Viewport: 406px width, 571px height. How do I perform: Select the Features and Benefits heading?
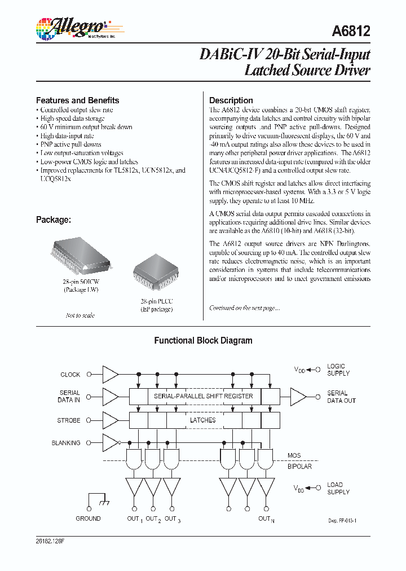tap(77, 100)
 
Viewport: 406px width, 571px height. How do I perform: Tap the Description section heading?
tap(231, 100)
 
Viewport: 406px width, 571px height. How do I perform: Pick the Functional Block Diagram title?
tap(203, 341)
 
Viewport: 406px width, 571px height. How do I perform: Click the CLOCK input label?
tap(70, 375)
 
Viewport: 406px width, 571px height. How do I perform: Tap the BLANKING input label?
tap(66, 443)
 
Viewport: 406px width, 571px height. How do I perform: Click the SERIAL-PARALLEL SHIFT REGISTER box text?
tap(204, 396)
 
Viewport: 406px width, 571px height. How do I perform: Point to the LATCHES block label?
tap(202, 420)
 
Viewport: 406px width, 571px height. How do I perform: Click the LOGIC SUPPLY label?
tap(338, 370)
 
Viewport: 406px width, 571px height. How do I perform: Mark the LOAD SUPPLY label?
tap(338, 489)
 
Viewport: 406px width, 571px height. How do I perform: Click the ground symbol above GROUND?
tap(98, 502)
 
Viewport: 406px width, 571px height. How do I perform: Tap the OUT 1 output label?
tap(134, 519)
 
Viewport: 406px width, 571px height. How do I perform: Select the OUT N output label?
tap(266, 519)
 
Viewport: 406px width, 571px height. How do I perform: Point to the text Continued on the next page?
tap(244, 308)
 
